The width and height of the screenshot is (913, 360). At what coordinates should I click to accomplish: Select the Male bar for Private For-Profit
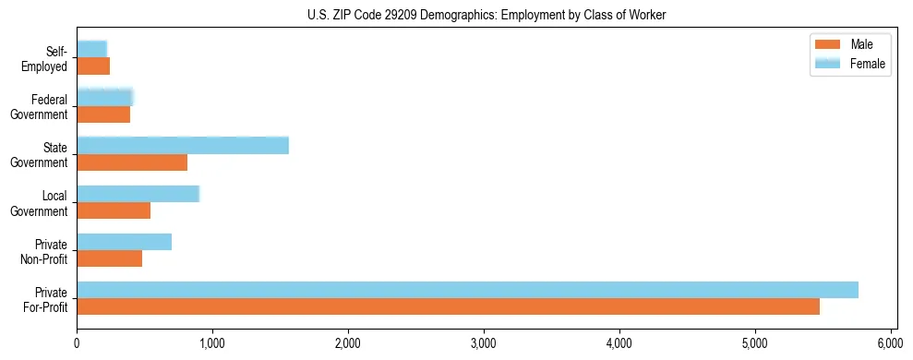pyautogui.click(x=448, y=306)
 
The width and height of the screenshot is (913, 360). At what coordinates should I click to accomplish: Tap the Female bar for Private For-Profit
pyautogui.click(x=467, y=290)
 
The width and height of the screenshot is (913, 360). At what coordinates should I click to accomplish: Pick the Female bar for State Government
pyautogui.click(x=183, y=146)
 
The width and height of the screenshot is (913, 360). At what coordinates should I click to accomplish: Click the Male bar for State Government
pyautogui.click(x=132, y=162)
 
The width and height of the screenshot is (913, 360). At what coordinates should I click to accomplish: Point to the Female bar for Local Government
pyautogui.click(x=138, y=194)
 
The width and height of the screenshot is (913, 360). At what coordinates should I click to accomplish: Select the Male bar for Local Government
pyautogui.click(x=114, y=210)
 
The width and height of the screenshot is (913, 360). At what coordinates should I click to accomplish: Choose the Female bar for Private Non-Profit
pyautogui.click(x=124, y=242)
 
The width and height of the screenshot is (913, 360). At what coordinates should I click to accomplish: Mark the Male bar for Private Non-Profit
pyautogui.click(x=109, y=258)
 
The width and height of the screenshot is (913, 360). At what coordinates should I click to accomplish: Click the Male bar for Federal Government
pyautogui.click(x=103, y=114)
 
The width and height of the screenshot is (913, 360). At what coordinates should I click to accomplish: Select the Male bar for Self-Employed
pyautogui.click(x=93, y=66)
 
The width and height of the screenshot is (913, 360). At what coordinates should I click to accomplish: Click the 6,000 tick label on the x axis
pyautogui.click(x=891, y=342)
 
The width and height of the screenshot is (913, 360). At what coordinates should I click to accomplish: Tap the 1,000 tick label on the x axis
pyautogui.click(x=212, y=342)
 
